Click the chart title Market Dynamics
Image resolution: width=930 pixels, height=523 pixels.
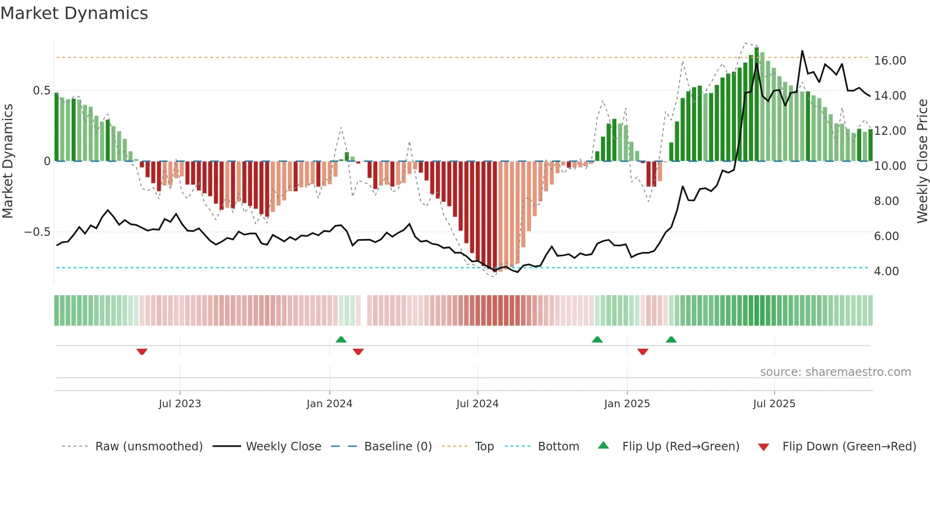tap(74, 13)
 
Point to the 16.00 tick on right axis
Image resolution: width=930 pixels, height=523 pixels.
tap(890, 61)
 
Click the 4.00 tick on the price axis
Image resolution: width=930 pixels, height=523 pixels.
tap(886, 271)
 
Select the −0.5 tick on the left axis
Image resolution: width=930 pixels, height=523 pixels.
tap(37, 232)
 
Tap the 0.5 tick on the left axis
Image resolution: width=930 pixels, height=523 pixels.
tap(41, 91)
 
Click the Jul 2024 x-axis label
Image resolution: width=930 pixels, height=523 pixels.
tap(477, 404)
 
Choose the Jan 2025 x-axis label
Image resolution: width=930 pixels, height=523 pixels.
tap(627, 404)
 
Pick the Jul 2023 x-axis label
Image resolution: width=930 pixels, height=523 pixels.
tap(180, 404)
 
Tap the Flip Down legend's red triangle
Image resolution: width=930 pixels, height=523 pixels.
tap(763, 447)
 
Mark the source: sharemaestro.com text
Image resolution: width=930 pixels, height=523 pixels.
tap(835, 372)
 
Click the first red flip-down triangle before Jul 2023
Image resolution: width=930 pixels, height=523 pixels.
tap(142, 352)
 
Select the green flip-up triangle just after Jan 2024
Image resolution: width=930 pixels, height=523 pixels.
tap(341, 339)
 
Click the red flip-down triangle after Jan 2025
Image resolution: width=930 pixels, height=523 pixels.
tap(642, 352)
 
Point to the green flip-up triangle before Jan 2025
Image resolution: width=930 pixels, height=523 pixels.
tap(597, 339)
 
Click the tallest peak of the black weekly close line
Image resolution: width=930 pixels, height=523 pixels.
tap(802, 51)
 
